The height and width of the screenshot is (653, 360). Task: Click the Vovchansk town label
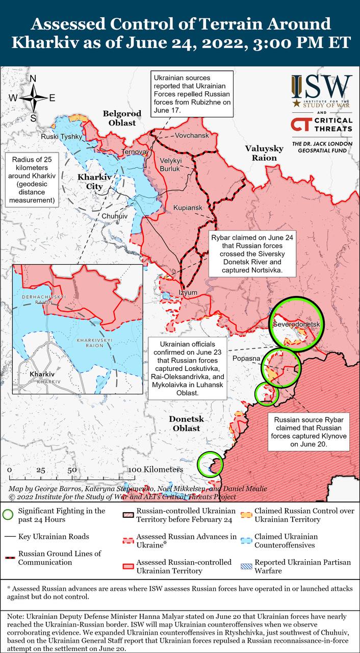point(192,136)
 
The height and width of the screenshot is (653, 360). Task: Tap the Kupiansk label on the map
point(188,208)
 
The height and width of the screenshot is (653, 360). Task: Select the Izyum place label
point(188,292)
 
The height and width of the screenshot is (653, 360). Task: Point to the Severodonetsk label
point(296,324)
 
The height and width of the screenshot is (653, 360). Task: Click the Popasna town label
point(246,359)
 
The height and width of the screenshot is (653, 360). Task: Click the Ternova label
point(134,153)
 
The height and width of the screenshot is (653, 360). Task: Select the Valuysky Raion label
point(264,153)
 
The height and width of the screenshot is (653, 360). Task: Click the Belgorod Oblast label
point(119,118)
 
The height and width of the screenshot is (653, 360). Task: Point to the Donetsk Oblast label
point(186,423)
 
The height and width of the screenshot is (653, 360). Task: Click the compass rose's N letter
point(33,79)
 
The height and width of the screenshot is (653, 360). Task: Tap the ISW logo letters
point(321,87)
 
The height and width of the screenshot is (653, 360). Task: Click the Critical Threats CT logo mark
point(300,124)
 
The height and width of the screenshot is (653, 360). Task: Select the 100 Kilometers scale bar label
point(155,469)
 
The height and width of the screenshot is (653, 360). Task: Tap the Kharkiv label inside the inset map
point(42,374)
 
